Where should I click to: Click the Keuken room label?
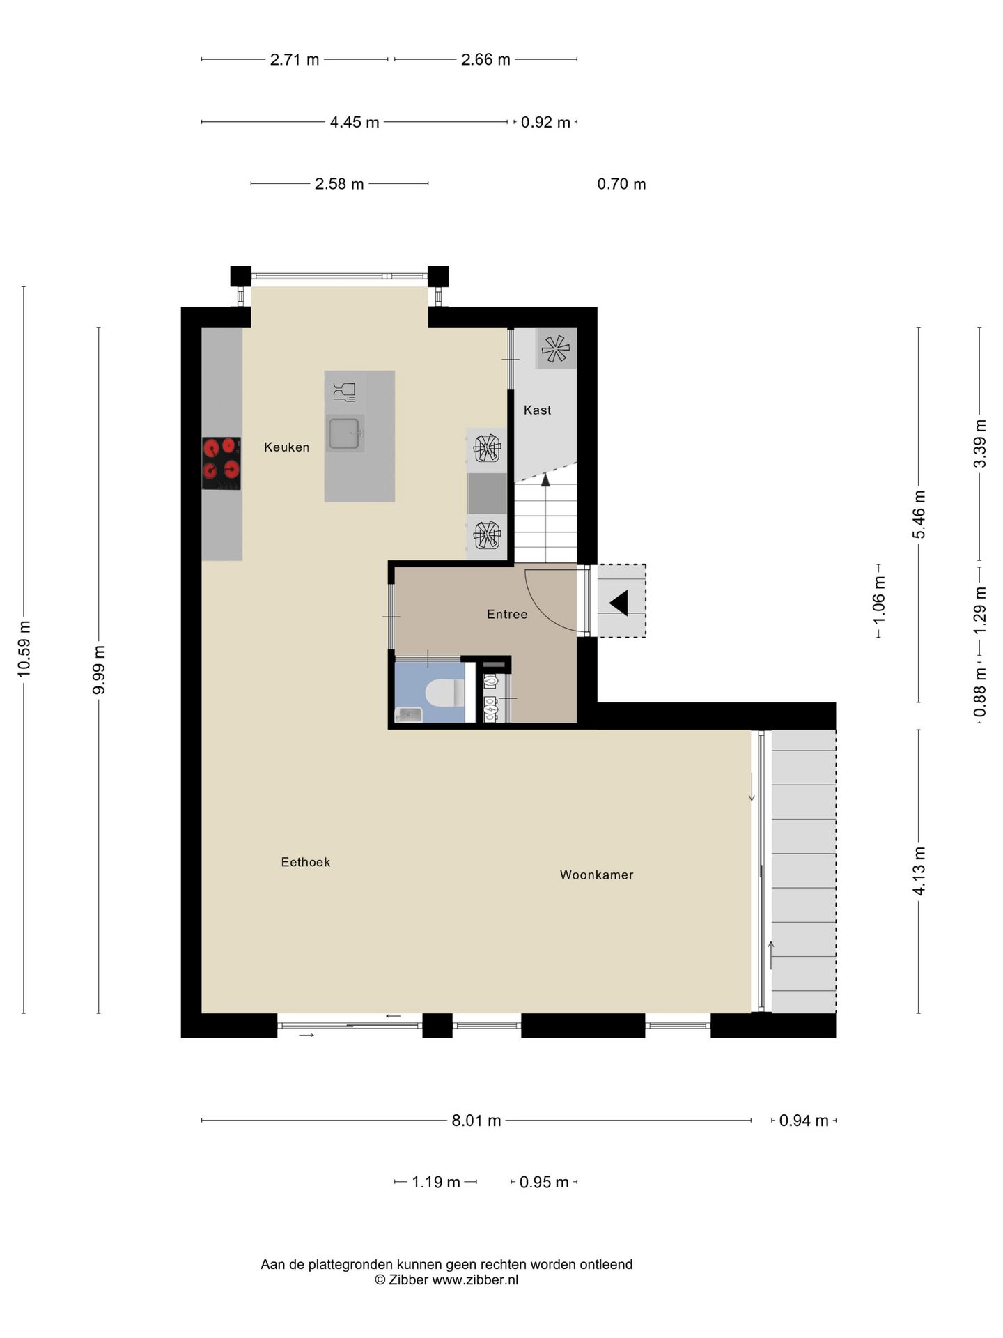(x=286, y=447)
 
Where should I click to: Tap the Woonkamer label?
(x=596, y=875)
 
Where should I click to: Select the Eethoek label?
(x=305, y=862)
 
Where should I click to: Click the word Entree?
(x=506, y=614)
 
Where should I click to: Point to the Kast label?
(x=537, y=410)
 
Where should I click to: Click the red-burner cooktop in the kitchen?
(x=221, y=463)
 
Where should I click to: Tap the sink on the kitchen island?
(x=345, y=433)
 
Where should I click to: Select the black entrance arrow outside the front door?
(x=619, y=602)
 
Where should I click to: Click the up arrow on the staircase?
(x=545, y=479)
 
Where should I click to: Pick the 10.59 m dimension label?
(x=24, y=648)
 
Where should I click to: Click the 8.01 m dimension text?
(x=476, y=1121)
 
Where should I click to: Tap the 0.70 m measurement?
(x=621, y=185)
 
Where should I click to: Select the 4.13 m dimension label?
(x=919, y=871)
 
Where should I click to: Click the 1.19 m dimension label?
(x=436, y=1183)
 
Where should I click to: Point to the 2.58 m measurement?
(x=339, y=185)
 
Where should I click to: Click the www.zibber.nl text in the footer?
(x=475, y=1280)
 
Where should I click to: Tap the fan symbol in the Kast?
(x=555, y=348)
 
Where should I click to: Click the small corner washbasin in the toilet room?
(x=408, y=714)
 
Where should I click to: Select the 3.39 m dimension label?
(x=980, y=443)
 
